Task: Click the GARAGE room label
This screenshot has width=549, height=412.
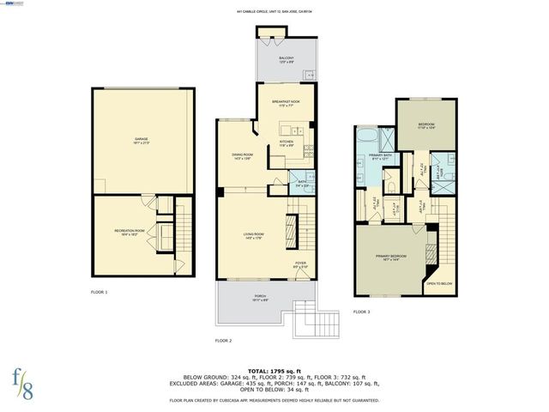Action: [x=141, y=140]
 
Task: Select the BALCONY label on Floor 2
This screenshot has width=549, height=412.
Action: [x=287, y=60]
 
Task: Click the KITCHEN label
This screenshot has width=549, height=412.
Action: [x=287, y=144]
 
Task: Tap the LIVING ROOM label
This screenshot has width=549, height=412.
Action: [x=252, y=236]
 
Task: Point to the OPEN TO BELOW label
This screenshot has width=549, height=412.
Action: [x=440, y=284]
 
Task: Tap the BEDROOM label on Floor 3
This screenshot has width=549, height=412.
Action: [x=426, y=125]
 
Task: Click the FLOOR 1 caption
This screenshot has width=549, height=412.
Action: [x=100, y=293]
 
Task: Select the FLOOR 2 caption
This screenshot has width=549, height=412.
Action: [x=224, y=341]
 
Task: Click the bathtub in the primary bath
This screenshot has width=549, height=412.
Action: [x=364, y=138]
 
